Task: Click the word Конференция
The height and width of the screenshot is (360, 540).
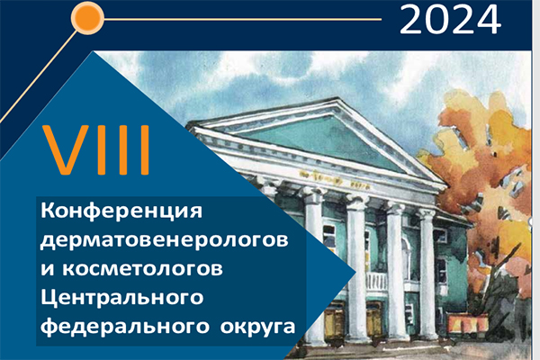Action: (x=125, y=213)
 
